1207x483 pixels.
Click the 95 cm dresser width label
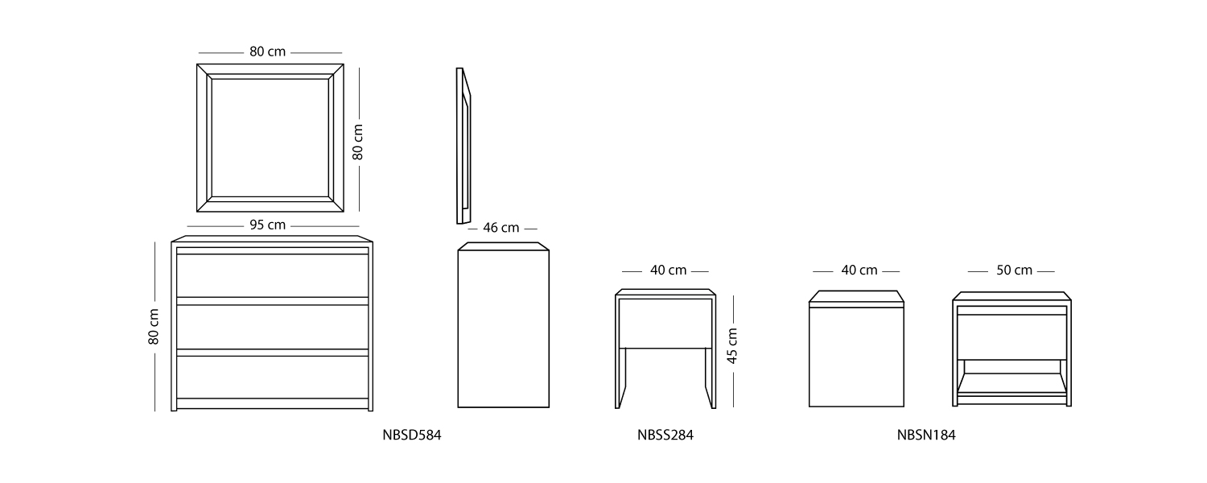267,225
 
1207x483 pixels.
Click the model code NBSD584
412,436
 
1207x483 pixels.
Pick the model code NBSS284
665,436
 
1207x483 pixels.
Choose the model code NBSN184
926,436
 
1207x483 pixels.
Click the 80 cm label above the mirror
267,52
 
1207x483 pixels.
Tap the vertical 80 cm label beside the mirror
359,141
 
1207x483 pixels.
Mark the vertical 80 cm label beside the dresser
154,326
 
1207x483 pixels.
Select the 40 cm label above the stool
668,270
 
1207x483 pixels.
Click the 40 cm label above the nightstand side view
859,270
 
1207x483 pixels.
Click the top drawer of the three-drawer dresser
272,275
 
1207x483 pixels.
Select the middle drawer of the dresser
272,326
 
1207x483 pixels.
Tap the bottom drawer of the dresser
272,377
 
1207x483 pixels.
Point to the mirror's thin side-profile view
463,145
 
